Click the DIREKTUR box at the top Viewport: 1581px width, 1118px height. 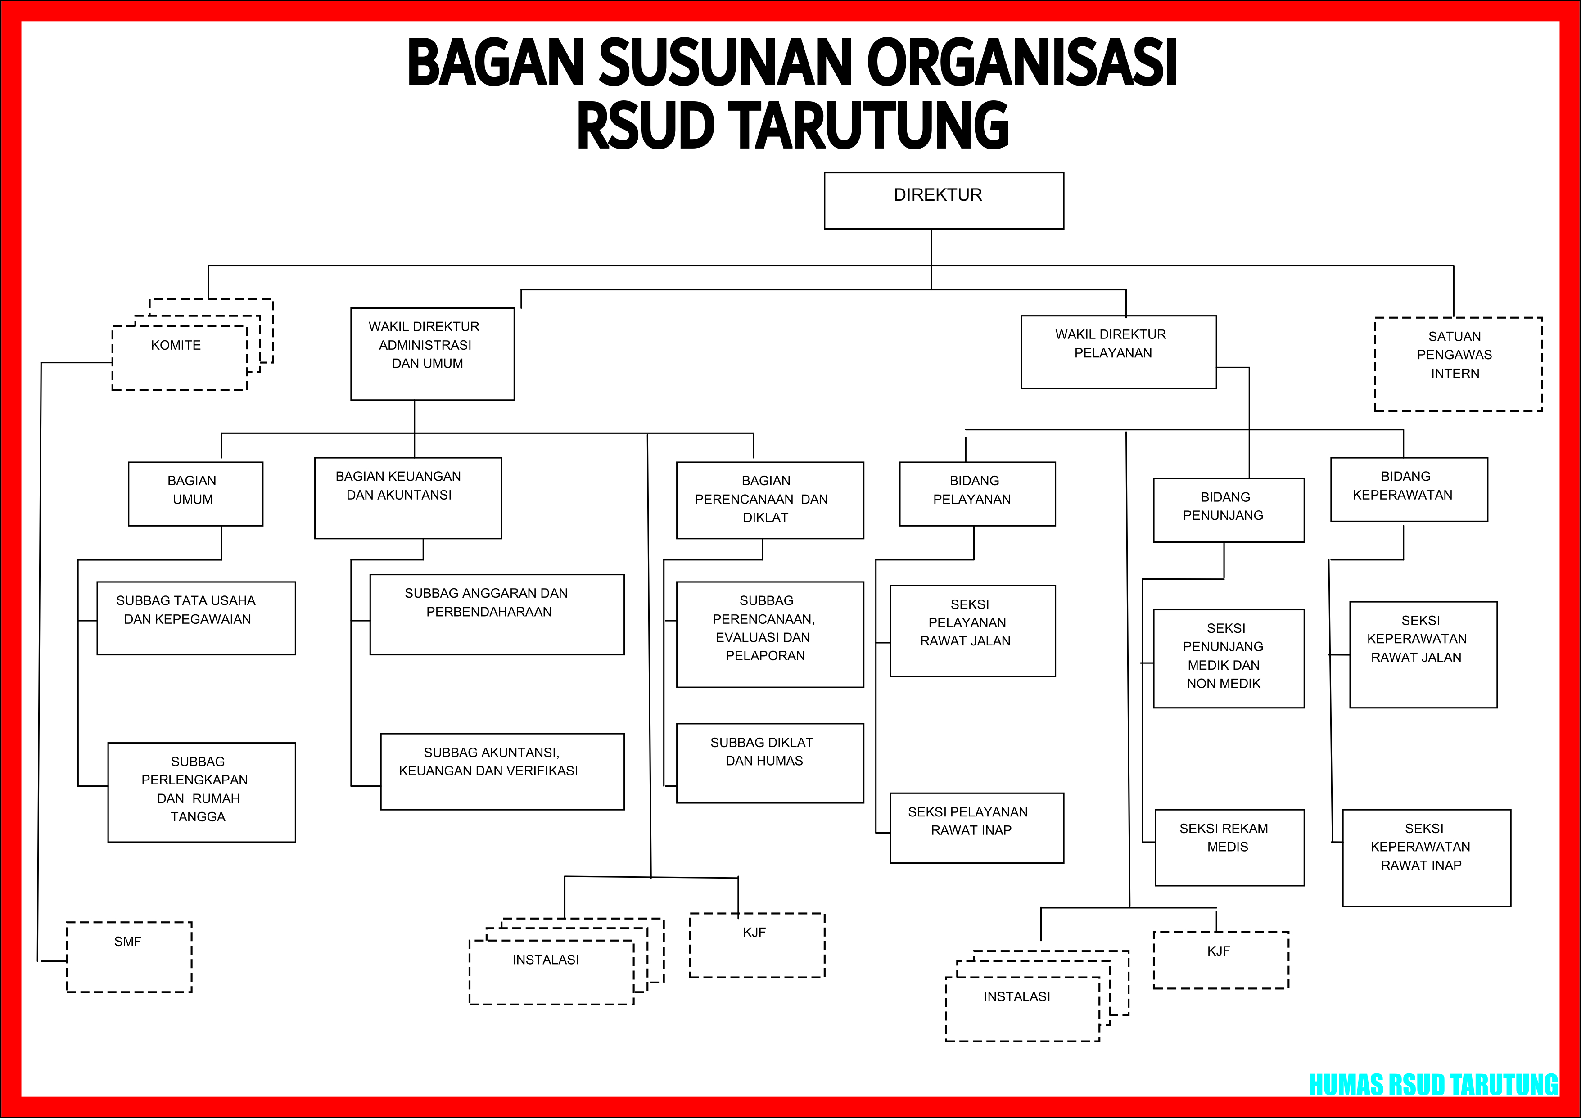(944, 200)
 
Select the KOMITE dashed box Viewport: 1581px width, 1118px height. (180, 358)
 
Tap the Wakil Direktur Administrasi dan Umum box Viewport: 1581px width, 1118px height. (433, 354)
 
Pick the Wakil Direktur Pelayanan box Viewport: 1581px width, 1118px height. (1118, 352)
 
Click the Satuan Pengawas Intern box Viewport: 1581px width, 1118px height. (1458, 364)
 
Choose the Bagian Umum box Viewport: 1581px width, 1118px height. (195, 494)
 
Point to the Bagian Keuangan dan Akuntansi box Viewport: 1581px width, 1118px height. (408, 498)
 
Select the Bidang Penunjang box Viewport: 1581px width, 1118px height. (1229, 510)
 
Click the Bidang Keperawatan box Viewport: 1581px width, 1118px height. (1409, 490)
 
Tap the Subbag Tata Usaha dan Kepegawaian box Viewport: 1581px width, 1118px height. (196, 618)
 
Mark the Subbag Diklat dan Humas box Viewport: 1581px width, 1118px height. (770, 763)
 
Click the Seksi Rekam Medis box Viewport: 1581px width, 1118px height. (1229, 848)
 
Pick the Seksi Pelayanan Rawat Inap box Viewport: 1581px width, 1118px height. (976, 828)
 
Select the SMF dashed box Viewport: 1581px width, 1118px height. (129, 957)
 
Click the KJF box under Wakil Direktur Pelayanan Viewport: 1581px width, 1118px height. (1220, 960)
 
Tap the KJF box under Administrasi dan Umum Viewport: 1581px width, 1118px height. (757, 945)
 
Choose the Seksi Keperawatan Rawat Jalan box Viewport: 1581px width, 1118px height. (1423, 655)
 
